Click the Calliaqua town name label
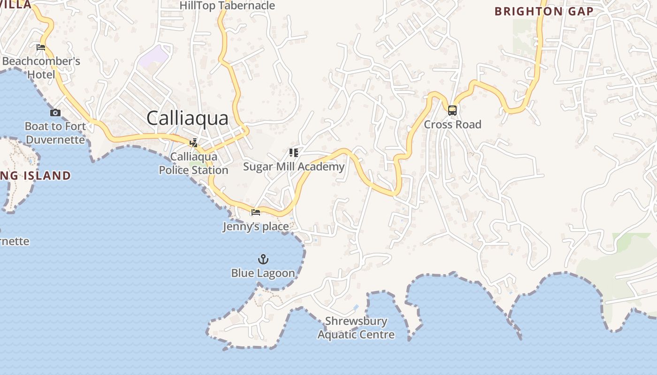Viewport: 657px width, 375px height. [187, 118]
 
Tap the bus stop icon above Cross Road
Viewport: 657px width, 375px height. [452, 111]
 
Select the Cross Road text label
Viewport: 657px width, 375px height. [452, 125]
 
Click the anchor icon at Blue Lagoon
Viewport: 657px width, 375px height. [263, 259]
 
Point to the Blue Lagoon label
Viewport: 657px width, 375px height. [263, 273]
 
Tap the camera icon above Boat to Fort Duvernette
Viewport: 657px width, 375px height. [55, 112]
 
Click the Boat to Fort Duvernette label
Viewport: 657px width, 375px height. [55, 133]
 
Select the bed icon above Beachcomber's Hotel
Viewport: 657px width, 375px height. [41, 47]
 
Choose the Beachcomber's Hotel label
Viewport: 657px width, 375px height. [41, 68]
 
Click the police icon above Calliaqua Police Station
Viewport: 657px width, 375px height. [193, 143]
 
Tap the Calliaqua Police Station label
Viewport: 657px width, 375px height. [193, 163]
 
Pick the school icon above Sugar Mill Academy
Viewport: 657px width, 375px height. [294, 153]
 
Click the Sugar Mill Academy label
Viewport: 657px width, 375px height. [294, 167]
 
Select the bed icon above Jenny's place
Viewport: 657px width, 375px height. [256, 212]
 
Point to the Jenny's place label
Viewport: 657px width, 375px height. [256, 227]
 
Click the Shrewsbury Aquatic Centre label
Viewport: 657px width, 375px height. [356, 328]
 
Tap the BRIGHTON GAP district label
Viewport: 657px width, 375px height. [543, 12]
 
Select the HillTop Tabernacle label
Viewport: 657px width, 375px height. [227, 6]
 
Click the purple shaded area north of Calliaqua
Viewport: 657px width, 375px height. [153, 57]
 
